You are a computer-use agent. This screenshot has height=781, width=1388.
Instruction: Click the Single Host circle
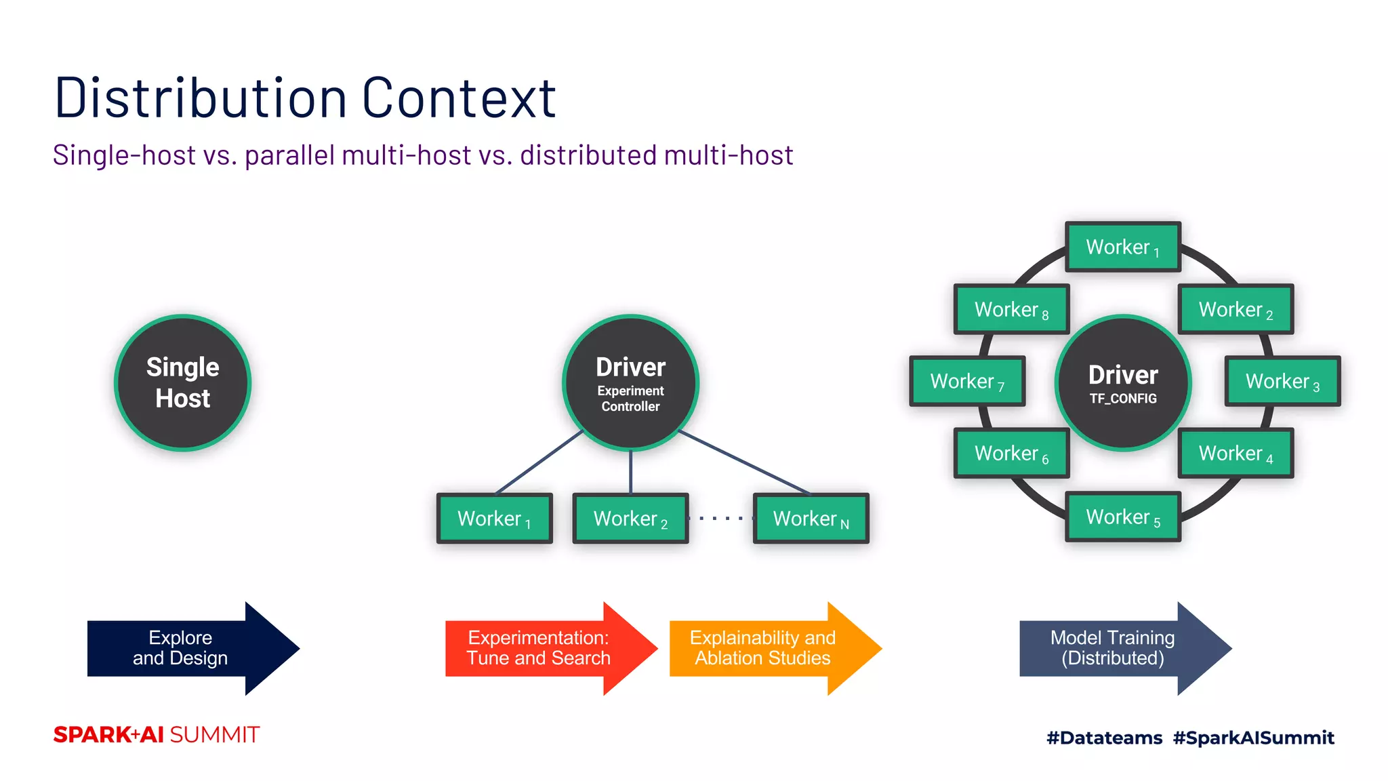click(x=182, y=382)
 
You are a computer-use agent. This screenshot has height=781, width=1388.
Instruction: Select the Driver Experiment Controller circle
click(x=630, y=382)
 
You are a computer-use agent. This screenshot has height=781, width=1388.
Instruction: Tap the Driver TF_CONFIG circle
click(x=1123, y=382)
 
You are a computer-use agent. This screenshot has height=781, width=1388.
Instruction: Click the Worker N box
click(x=811, y=519)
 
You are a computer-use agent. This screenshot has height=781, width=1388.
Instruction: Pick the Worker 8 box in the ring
click(x=1011, y=309)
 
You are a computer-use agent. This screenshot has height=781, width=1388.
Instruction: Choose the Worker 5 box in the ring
click(x=1123, y=517)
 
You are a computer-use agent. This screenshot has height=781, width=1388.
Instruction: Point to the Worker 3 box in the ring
click(x=1282, y=381)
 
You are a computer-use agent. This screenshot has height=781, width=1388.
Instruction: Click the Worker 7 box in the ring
click(x=967, y=381)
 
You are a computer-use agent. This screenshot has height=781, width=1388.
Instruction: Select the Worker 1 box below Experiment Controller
click(x=494, y=519)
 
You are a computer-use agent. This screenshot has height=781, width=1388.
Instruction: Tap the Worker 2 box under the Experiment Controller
click(x=630, y=519)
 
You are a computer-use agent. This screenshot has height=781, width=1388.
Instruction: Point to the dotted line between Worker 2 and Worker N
click(x=720, y=519)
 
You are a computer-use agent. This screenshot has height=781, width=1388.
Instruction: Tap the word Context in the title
click(x=459, y=98)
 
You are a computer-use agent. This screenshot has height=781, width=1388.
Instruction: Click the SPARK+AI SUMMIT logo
click(x=157, y=735)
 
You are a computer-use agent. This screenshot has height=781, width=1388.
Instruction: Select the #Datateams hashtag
click(x=1104, y=738)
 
